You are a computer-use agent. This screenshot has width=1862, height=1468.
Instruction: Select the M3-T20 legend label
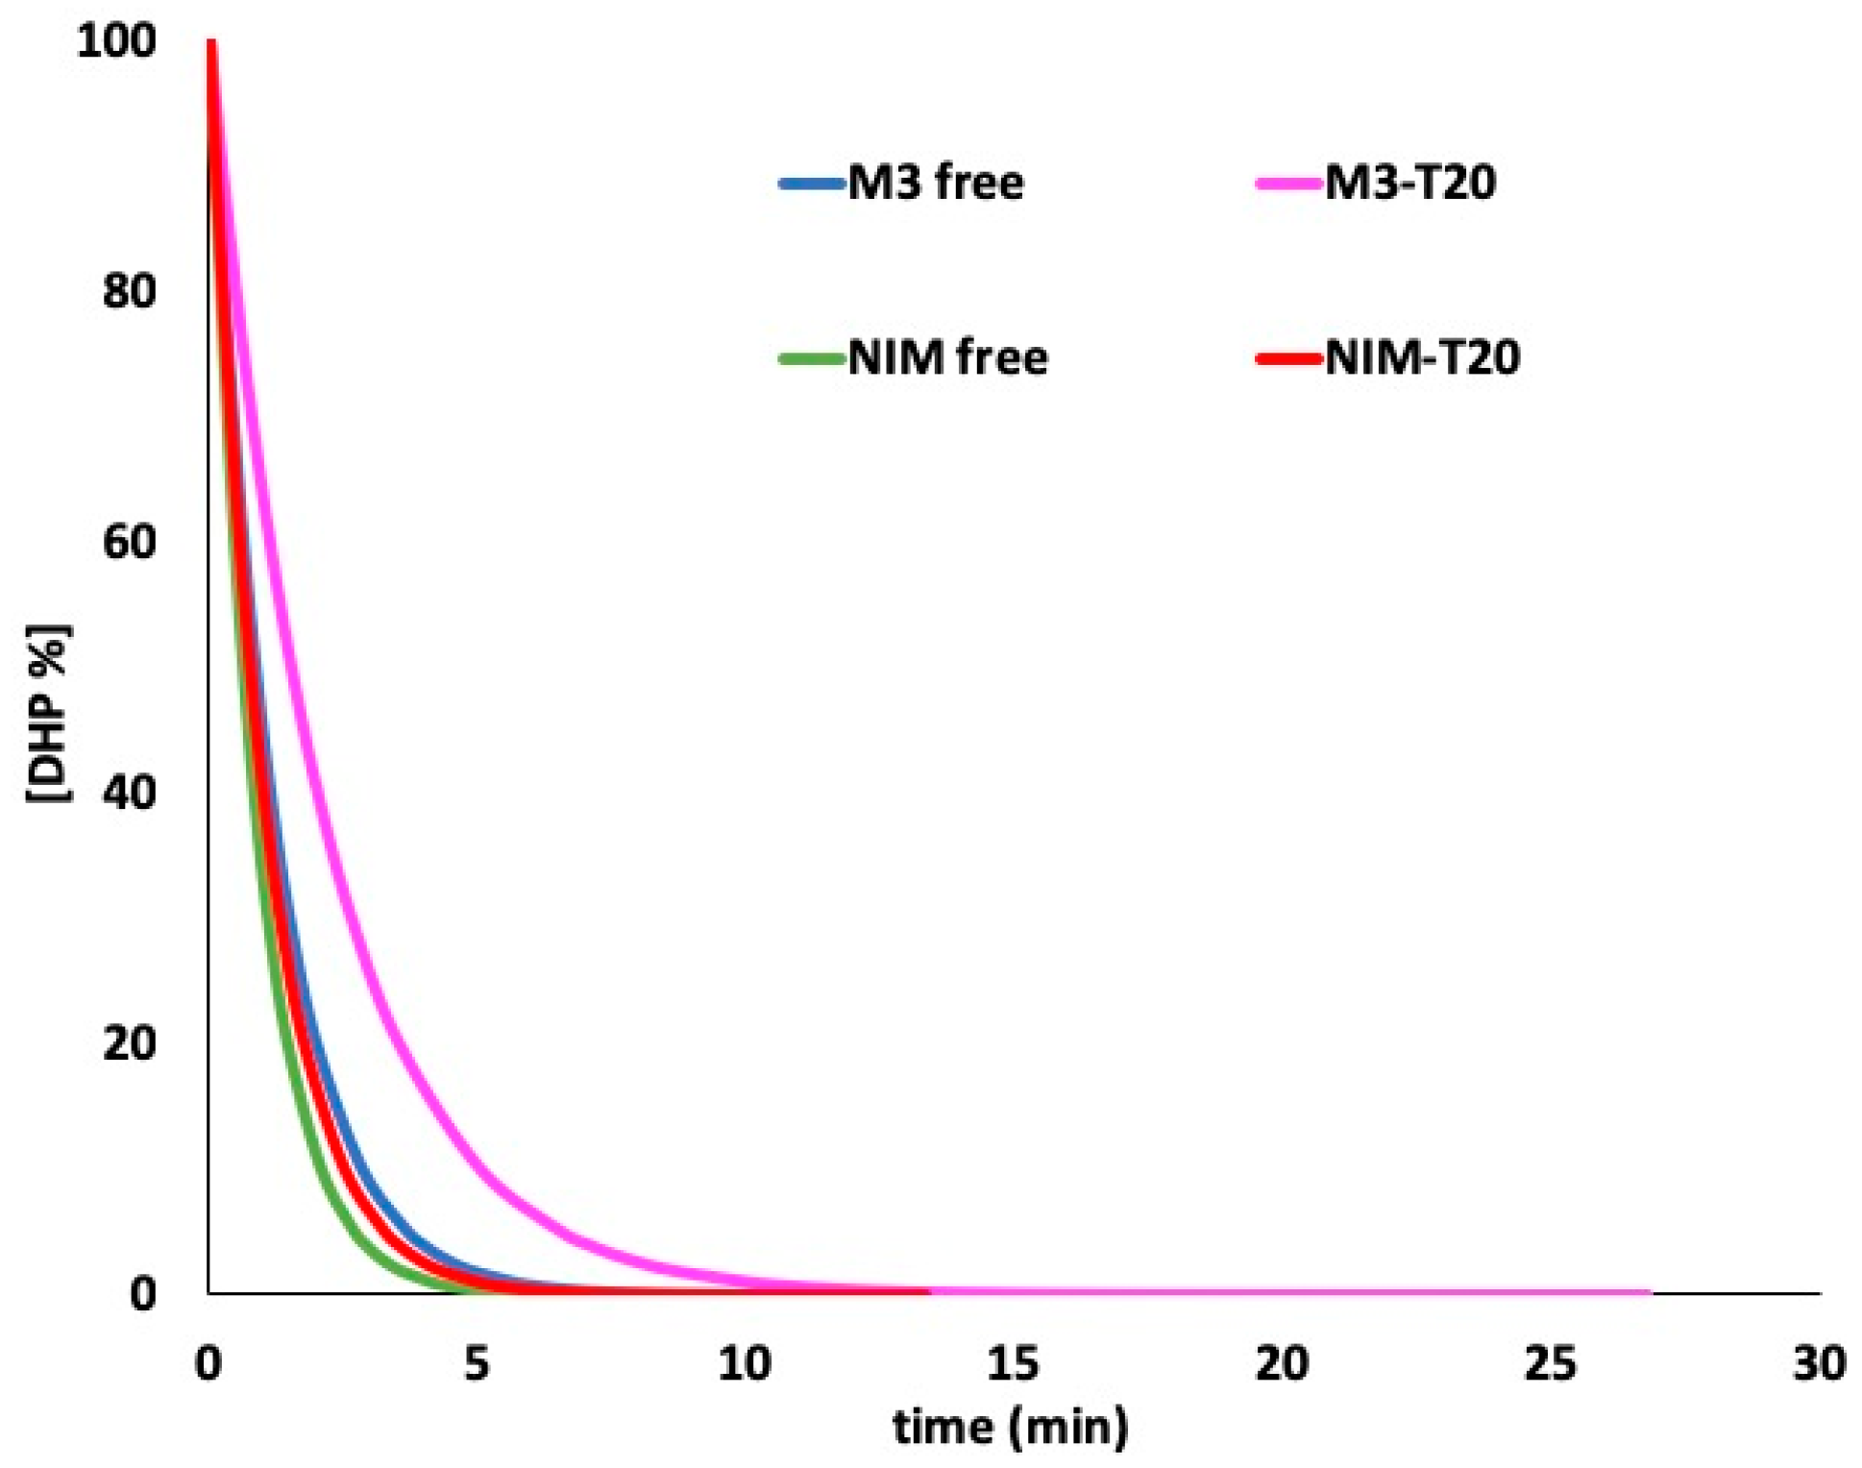point(1409,183)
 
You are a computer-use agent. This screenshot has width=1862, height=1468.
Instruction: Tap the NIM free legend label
point(947,357)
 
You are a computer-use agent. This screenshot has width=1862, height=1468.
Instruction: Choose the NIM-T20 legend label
point(1422,357)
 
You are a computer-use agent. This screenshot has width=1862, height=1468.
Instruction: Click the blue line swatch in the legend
point(812,183)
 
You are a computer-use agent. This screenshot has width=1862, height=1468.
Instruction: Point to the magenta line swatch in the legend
point(1288,183)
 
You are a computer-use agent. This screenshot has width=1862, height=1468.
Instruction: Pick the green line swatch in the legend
point(812,358)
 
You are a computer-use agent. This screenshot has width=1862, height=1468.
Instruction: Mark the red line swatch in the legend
point(1288,358)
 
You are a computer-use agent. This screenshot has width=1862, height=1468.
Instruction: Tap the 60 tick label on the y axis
point(129,542)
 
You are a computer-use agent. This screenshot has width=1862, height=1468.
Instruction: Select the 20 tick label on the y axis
point(129,1043)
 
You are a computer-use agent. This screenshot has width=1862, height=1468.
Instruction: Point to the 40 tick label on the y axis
point(129,793)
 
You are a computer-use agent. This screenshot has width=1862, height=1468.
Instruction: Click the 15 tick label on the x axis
point(1013,1363)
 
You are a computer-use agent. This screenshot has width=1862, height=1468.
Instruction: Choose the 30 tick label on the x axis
point(1819,1363)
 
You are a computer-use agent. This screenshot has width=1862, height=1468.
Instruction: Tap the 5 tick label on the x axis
point(477,1363)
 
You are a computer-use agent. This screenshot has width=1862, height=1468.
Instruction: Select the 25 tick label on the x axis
point(1550,1363)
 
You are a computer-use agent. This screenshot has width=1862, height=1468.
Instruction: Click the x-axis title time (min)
point(1011,1427)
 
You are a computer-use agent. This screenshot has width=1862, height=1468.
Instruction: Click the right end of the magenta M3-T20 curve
point(1650,1292)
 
